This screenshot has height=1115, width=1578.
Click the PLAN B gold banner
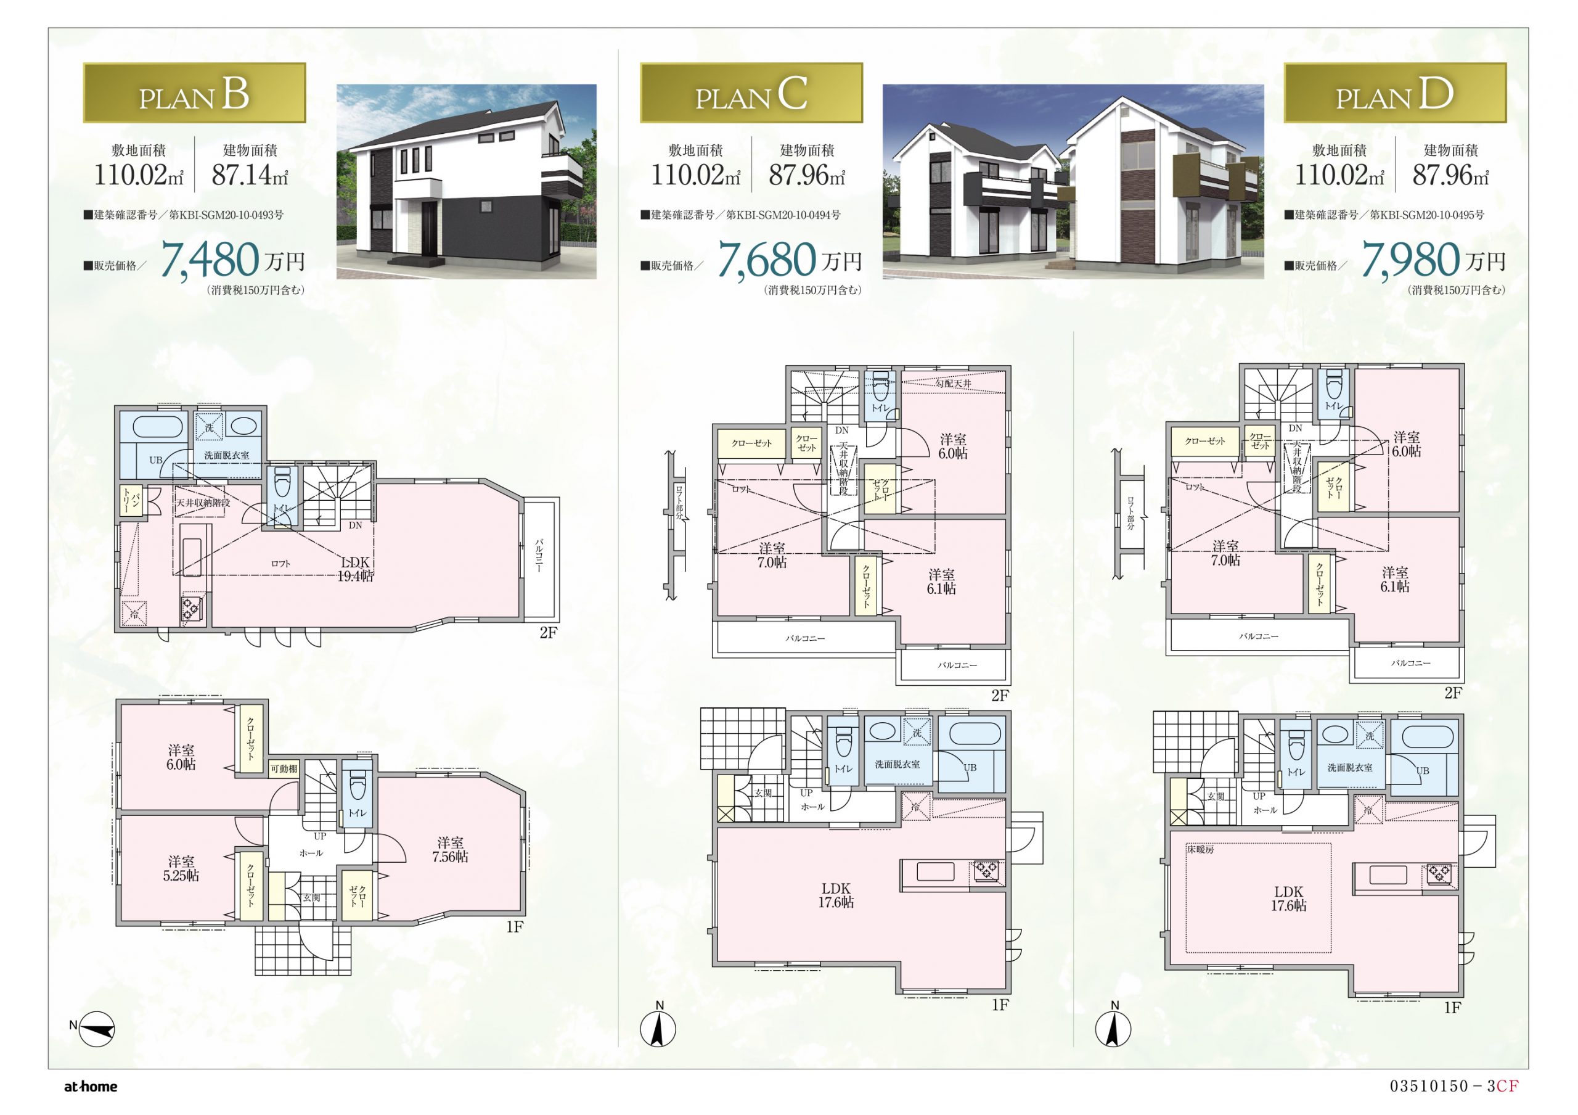click(x=195, y=93)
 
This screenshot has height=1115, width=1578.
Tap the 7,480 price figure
click(x=210, y=260)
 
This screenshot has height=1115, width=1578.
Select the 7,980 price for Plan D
click(x=1411, y=260)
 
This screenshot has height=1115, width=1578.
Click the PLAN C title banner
click(x=751, y=93)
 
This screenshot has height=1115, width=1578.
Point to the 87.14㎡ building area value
click(x=250, y=175)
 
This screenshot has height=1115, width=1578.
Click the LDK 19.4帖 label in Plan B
click(x=354, y=569)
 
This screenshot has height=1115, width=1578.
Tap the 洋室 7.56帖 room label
click(x=450, y=850)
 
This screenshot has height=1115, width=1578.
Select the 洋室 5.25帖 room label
click(x=181, y=869)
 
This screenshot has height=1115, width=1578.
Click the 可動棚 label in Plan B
click(x=284, y=768)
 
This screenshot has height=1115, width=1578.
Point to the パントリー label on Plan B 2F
click(x=127, y=501)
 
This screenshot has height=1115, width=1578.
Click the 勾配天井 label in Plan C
click(x=953, y=384)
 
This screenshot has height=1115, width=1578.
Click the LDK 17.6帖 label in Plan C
click(x=836, y=895)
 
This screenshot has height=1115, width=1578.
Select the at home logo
click(x=91, y=1087)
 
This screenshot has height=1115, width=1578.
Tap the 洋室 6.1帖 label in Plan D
click(x=1394, y=580)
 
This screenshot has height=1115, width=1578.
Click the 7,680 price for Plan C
click(x=767, y=260)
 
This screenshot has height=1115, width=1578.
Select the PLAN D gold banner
click(x=1395, y=93)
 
